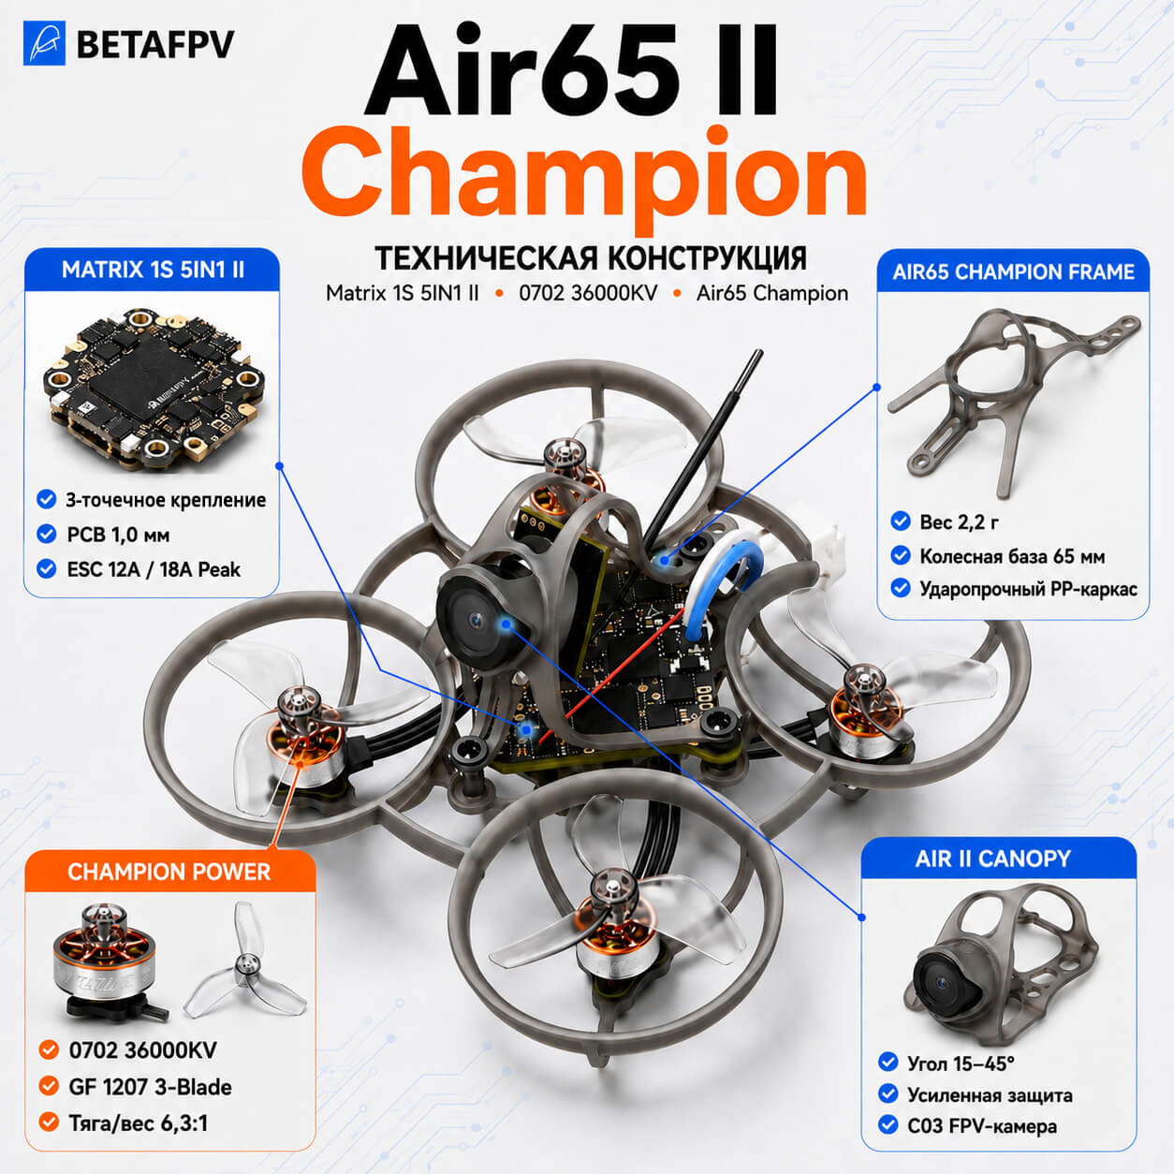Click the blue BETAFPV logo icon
click(44, 43)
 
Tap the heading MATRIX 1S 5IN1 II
click(153, 270)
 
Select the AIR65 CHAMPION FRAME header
click(1013, 271)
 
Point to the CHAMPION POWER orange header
click(169, 872)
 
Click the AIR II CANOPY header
click(992, 858)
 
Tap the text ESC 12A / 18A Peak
click(154, 569)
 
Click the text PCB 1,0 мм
click(118, 535)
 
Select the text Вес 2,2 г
click(959, 521)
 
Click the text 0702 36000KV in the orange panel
click(142, 1049)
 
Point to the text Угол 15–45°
click(961, 1064)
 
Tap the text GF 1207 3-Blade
click(150, 1087)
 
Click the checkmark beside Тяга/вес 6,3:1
click(49, 1122)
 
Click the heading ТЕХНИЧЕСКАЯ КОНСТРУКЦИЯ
click(591, 258)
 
